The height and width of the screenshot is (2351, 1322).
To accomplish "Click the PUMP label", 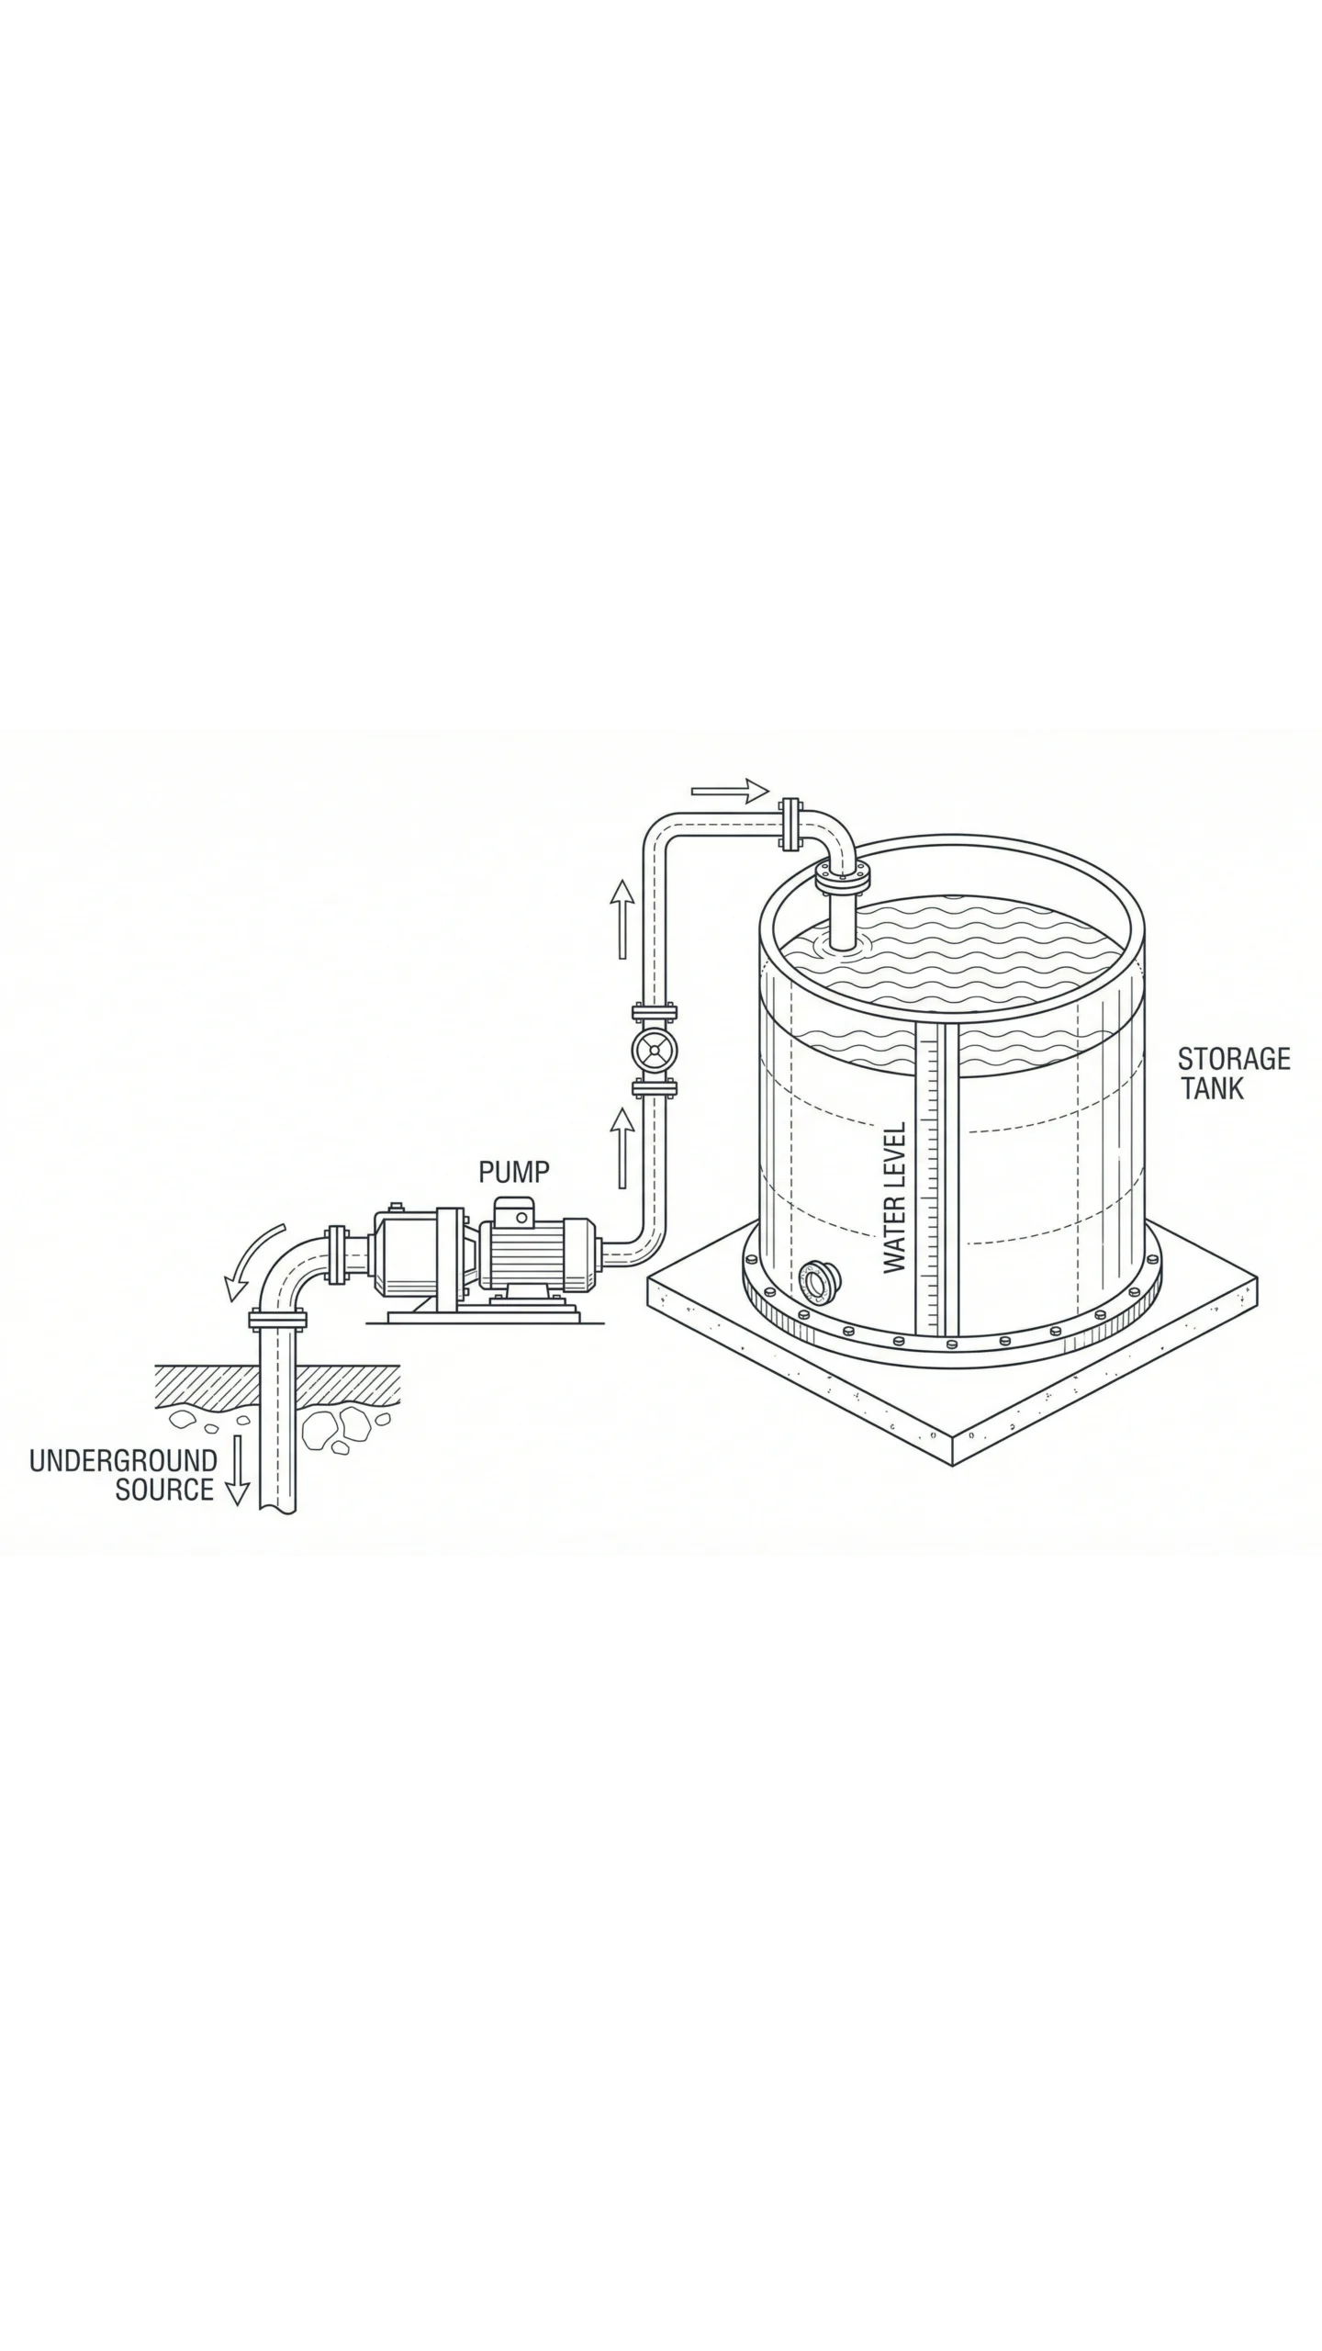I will pyautogui.click(x=514, y=1172).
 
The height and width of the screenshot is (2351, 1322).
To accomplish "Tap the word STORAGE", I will pyautogui.click(x=1234, y=1059).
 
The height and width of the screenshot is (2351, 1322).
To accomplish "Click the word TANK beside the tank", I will pyautogui.click(x=1212, y=1089).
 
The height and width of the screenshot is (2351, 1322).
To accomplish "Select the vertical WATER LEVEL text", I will pyautogui.click(x=894, y=1198).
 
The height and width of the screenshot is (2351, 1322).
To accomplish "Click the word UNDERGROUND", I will pyautogui.click(x=123, y=1460).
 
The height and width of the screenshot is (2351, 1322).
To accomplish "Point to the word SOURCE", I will pyautogui.click(x=163, y=1490).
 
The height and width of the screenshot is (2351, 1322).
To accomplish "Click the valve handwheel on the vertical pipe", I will pyautogui.click(x=655, y=1049).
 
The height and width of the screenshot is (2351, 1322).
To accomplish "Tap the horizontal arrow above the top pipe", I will pyautogui.click(x=729, y=791).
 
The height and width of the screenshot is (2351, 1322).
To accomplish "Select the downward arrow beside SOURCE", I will pyautogui.click(x=238, y=1469).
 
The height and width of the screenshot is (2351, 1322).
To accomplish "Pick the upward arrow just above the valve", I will pyautogui.click(x=623, y=918).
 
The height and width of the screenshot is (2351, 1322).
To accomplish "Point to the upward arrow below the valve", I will pyautogui.click(x=623, y=1147).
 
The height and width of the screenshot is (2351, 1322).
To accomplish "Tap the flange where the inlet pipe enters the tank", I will pyautogui.click(x=841, y=880).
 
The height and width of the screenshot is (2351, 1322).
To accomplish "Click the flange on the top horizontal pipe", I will pyautogui.click(x=789, y=823).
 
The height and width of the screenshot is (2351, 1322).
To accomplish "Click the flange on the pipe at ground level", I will pyautogui.click(x=277, y=1322).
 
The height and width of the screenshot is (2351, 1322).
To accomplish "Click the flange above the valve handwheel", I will pyautogui.click(x=655, y=1014).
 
